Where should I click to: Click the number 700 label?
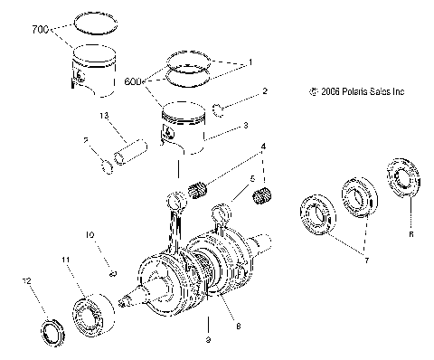point(40,31)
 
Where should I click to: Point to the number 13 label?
point(104,116)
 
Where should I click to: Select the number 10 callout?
point(90,236)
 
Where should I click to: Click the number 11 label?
point(65,261)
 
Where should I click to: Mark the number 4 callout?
point(264,146)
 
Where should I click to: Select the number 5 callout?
point(239,180)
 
